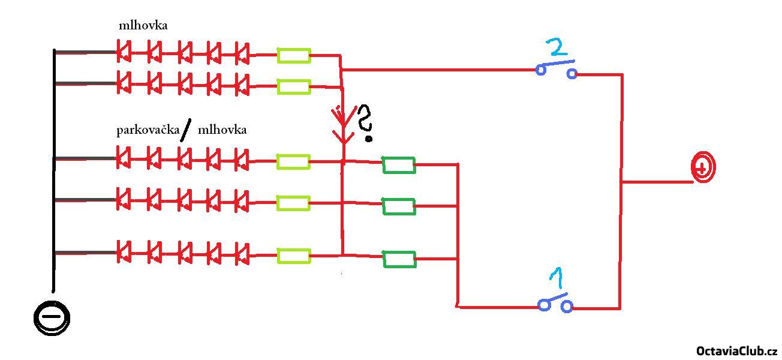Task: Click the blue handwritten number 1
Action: (x=557, y=280)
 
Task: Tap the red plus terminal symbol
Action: (x=703, y=167)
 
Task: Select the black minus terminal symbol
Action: (x=52, y=317)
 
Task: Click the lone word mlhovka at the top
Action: (x=143, y=25)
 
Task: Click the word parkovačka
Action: (x=148, y=130)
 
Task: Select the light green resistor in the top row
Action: (x=293, y=56)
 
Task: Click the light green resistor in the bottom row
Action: (x=293, y=256)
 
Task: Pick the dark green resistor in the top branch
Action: (x=399, y=164)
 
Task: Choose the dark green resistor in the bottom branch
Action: (x=399, y=259)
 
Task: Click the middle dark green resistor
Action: (x=399, y=206)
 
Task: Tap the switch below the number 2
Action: (x=557, y=68)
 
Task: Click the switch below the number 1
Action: (x=555, y=303)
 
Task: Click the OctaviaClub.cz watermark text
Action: (x=736, y=351)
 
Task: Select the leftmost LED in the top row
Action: (x=124, y=53)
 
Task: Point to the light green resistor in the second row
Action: (x=293, y=86)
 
